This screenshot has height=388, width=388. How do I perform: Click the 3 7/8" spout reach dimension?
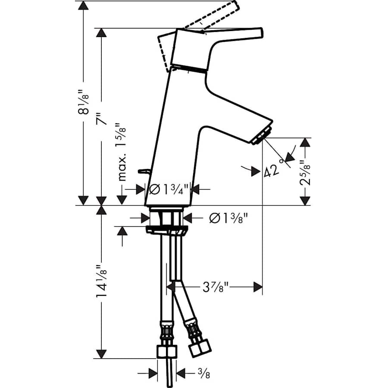click(x=214, y=287)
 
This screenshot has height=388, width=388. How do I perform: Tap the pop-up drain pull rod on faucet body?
click(x=144, y=172)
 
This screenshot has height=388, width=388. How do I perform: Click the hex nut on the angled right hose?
click(x=200, y=346)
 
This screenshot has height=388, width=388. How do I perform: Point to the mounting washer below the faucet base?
click(x=166, y=229)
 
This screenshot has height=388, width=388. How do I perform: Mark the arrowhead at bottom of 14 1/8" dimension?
click(x=101, y=353)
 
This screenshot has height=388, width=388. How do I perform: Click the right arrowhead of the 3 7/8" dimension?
click(x=258, y=287)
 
